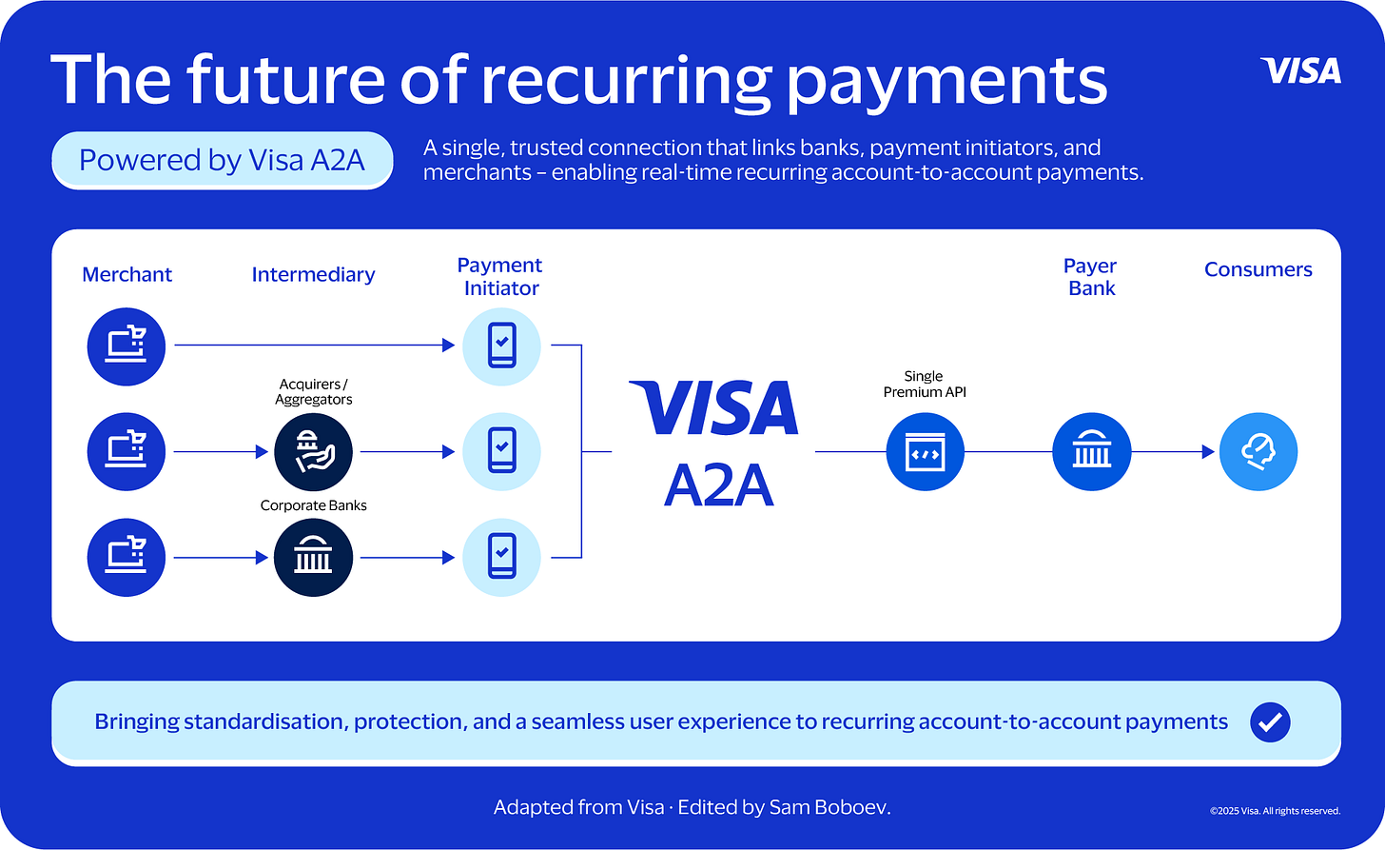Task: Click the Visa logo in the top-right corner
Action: point(1300,70)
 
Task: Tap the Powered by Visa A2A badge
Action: point(222,160)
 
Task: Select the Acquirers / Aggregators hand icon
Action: point(313,451)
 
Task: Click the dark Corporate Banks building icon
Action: point(313,558)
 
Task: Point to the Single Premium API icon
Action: point(925,452)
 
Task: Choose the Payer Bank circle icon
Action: point(1091,452)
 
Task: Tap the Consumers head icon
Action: point(1258,452)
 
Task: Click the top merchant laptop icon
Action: point(127,346)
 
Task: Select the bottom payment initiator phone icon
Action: point(501,558)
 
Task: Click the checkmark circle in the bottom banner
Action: point(1270,722)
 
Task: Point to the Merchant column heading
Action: point(127,274)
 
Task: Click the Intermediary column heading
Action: point(313,274)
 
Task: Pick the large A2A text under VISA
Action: point(718,486)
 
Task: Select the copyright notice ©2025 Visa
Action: point(1275,811)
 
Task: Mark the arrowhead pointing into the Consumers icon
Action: point(1209,452)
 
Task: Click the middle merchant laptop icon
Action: point(127,451)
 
